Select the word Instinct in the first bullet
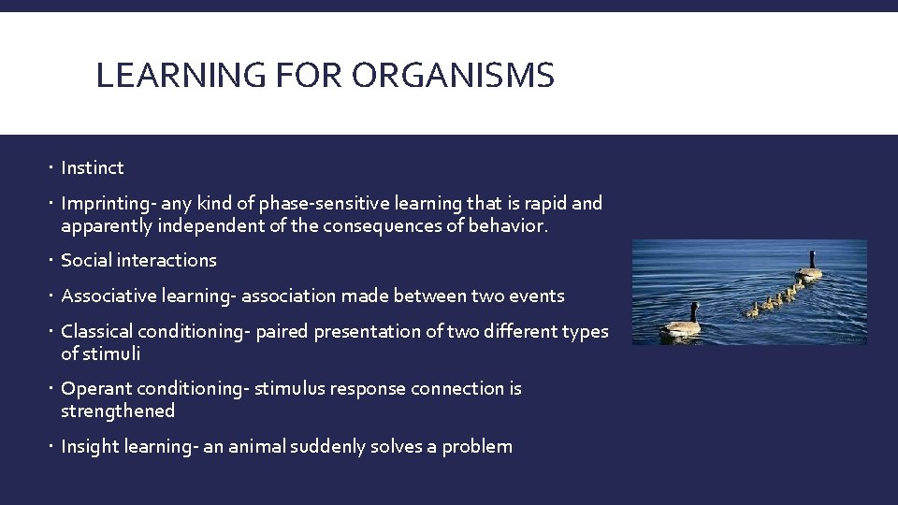92,168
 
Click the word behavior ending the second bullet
525,225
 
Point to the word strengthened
118,411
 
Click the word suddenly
356,447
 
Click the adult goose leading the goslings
810,268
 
